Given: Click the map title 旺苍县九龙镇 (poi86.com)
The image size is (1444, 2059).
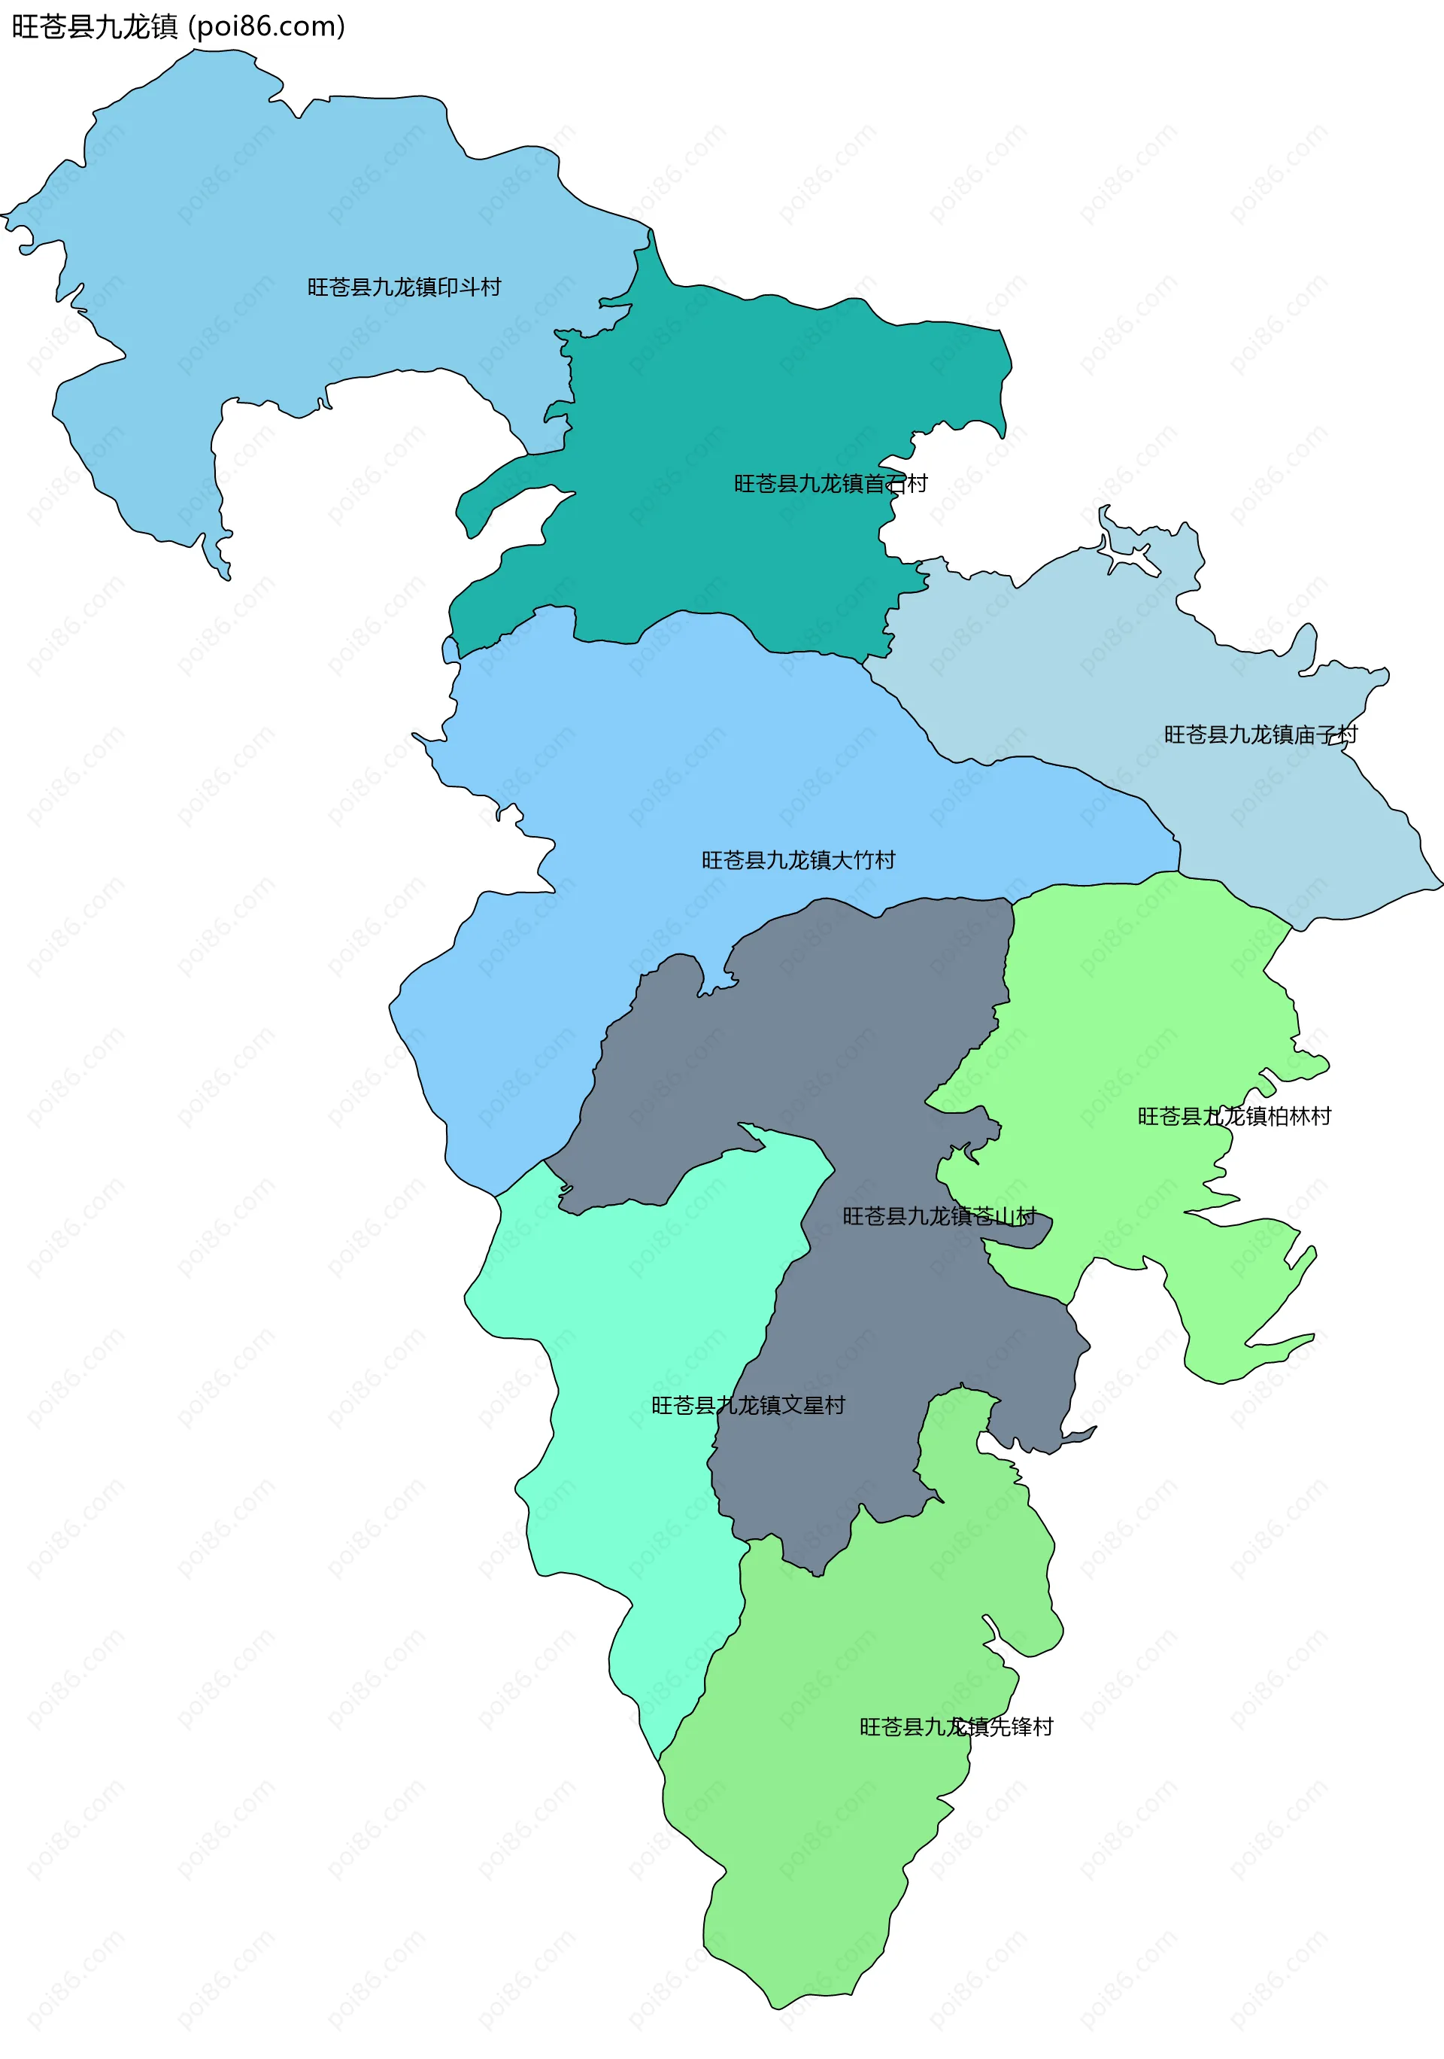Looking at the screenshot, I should [x=177, y=27].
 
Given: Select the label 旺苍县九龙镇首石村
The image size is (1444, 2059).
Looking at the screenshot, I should [x=830, y=484].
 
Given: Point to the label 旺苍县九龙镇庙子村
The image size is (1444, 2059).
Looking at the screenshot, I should [x=1260, y=734].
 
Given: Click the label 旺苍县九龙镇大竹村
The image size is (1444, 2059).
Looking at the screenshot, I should [x=798, y=860].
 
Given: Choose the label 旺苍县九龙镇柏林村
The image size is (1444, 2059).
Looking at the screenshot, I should [x=1234, y=1117].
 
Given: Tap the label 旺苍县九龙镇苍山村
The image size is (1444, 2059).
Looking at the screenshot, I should [x=939, y=1216].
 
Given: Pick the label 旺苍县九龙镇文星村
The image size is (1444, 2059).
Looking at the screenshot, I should [x=748, y=1405].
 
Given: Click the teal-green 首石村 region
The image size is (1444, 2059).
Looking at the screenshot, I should [x=735, y=394].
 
